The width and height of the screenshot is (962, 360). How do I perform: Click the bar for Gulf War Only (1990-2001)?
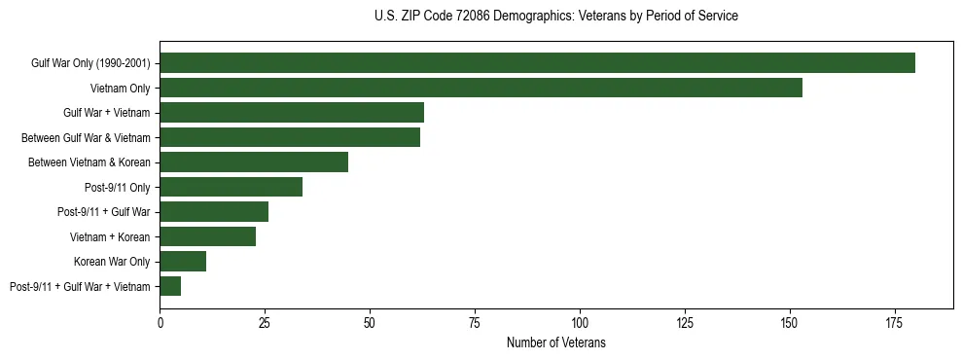pyautogui.click(x=537, y=62)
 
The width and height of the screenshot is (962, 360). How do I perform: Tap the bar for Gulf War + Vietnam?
pyautogui.click(x=292, y=112)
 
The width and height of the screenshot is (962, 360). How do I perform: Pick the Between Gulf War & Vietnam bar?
pyautogui.click(x=290, y=137)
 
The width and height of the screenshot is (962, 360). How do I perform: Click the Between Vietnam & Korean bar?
pyautogui.click(x=254, y=162)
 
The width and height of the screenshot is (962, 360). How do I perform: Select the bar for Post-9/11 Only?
pyautogui.click(x=231, y=187)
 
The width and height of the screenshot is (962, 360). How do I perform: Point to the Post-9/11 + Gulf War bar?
pyautogui.click(x=214, y=211)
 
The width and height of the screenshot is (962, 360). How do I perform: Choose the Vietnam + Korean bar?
pyautogui.click(x=208, y=236)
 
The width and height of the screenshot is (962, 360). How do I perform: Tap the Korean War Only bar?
pyautogui.click(x=183, y=261)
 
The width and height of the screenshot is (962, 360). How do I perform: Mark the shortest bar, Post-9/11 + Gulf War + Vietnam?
pyautogui.click(x=170, y=286)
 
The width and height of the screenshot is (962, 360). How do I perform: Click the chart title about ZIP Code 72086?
pyautogui.click(x=555, y=17)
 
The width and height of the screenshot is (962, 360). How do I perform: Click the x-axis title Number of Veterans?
pyautogui.click(x=555, y=342)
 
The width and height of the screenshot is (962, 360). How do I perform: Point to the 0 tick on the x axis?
pyautogui.click(x=160, y=320)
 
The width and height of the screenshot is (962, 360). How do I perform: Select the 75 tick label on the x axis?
pyautogui.click(x=475, y=320)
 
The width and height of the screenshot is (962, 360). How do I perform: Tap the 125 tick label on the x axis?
pyautogui.click(x=685, y=320)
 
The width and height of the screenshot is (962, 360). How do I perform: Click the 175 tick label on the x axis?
pyautogui.click(x=894, y=320)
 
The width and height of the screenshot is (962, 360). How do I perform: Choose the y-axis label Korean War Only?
pyautogui.click(x=112, y=262)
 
